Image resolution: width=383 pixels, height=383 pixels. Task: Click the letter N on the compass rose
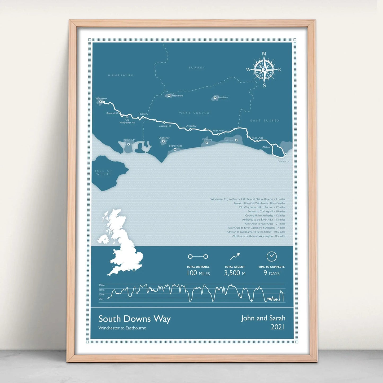(x=264, y=54)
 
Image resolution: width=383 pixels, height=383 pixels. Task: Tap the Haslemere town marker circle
(x=169, y=95)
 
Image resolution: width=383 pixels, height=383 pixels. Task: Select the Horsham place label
(x=223, y=98)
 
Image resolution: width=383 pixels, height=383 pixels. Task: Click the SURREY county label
(x=197, y=68)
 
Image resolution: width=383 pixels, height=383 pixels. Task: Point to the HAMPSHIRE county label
(x=121, y=76)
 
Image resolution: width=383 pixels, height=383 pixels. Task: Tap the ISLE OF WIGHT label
(x=104, y=173)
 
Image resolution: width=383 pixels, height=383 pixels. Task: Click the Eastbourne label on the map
(x=283, y=161)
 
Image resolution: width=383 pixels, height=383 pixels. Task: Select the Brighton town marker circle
(x=236, y=140)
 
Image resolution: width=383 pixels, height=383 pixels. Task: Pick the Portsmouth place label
(x=129, y=140)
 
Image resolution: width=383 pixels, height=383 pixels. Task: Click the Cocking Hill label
(x=165, y=126)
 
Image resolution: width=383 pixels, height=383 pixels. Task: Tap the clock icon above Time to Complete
(x=271, y=256)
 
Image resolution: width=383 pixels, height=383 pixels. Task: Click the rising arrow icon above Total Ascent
(x=235, y=256)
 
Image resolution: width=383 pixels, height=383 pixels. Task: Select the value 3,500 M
(x=235, y=273)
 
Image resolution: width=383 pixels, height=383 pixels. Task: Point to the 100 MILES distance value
(x=198, y=273)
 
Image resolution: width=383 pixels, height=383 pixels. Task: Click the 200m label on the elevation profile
(x=102, y=285)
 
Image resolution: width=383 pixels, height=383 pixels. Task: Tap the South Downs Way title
(x=134, y=319)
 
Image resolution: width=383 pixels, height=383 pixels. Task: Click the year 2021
(x=278, y=327)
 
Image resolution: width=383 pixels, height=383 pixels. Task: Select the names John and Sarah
(x=263, y=318)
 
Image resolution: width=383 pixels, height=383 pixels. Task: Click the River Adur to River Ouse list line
(x=265, y=224)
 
